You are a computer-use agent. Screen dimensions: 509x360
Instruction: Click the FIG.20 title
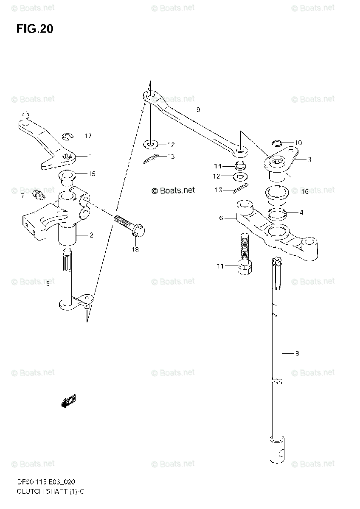tap(35, 29)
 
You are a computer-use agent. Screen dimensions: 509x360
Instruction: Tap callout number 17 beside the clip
tap(87, 136)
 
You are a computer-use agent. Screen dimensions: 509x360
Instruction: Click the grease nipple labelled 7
tap(39, 196)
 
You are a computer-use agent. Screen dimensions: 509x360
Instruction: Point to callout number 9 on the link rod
tap(198, 110)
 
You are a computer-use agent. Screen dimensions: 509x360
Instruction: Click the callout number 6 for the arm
tap(221, 218)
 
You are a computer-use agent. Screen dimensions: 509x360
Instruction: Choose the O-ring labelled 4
tap(277, 213)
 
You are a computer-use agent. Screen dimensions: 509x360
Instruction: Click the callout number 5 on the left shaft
tap(48, 284)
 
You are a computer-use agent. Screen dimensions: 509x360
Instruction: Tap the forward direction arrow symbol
tap(68, 401)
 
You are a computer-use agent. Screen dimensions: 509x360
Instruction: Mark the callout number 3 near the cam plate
tap(309, 159)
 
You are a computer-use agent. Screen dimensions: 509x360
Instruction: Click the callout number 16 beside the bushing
tap(304, 191)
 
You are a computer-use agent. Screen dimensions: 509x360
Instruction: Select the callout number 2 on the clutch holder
tap(91, 235)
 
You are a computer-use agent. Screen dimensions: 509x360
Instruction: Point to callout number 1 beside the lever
tap(90, 156)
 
